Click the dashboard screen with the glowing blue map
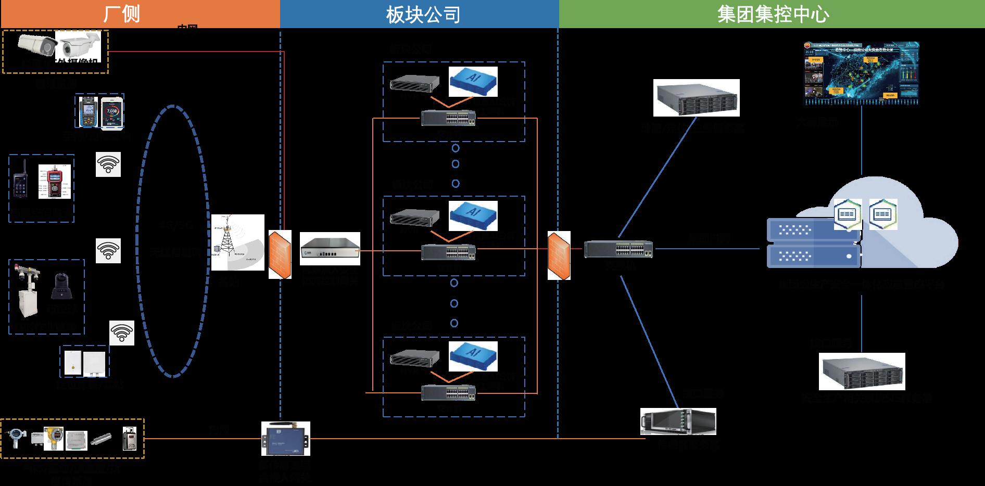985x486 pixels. coord(861,73)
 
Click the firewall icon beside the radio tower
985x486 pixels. coord(280,254)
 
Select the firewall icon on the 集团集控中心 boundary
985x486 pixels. coord(559,255)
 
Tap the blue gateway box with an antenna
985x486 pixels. coord(285,439)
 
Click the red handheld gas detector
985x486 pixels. coord(55,182)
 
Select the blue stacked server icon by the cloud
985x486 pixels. coord(813,243)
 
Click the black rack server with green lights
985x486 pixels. coord(678,421)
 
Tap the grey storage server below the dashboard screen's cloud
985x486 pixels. coord(862,372)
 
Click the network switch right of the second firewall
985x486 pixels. coord(618,249)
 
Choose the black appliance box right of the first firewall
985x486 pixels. coord(330,248)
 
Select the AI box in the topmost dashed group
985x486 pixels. coord(473,81)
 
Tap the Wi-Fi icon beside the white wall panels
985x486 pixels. coord(122,333)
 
